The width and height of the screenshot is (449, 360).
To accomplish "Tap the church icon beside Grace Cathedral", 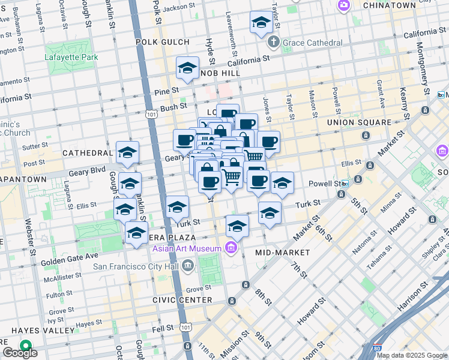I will pyautogui.click(x=273, y=43).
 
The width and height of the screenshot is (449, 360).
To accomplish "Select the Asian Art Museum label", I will pyautogui.click(x=188, y=248).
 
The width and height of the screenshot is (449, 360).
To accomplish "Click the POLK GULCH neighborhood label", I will pyautogui.click(x=162, y=42).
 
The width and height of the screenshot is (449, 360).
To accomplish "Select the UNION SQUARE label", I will pyautogui.click(x=359, y=122).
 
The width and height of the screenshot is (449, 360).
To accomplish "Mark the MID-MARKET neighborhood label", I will pyautogui.click(x=282, y=253).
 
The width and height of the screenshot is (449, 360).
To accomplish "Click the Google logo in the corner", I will pyautogui.click(x=20, y=353).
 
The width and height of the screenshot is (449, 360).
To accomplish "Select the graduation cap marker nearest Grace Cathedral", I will pyautogui.click(x=261, y=23).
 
